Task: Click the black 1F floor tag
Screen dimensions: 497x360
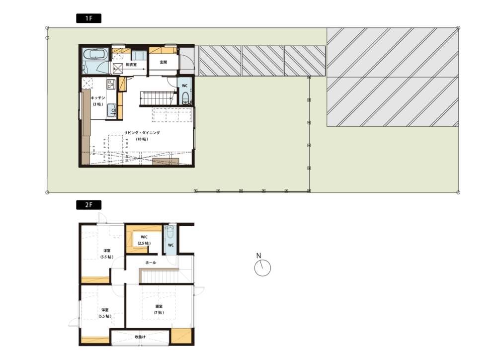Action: [x=89, y=18]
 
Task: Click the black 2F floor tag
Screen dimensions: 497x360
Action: [x=89, y=205]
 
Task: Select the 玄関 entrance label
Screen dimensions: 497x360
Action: [x=163, y=62]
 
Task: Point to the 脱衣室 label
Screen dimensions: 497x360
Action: [x=131, y=65]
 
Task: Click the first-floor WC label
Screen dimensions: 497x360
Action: [x=185, y=86]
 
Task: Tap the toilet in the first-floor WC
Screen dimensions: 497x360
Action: [x=186, y=98]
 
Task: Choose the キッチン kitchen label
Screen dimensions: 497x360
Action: [x=98, y=97]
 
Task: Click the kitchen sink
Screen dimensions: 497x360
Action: [x=111, y=111]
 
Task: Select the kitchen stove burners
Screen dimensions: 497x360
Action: [x=111, y=84]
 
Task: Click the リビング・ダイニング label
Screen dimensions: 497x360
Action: [x=142, y=133]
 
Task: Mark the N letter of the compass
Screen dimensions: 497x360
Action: [x=258, y=256]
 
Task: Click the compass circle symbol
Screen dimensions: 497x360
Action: [x=262, y=268]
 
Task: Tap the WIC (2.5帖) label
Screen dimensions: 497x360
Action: [x=144, y=240]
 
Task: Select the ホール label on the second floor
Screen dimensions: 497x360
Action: [x=151, y=263]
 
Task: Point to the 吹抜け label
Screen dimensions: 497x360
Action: [x=140, y=337]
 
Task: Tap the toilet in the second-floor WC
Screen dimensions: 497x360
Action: [x=170, y=232]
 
